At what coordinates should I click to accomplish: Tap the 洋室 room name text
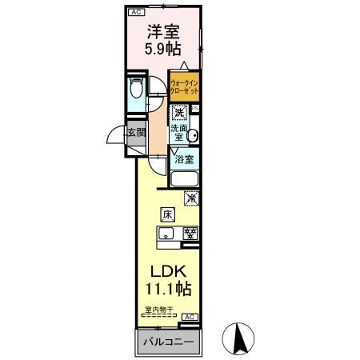point(162,34)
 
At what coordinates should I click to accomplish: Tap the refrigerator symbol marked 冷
point(192,198)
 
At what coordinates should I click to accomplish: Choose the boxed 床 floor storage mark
point(167,214)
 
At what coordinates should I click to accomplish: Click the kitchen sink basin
point(166,234)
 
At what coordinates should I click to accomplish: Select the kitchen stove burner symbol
point(190,234)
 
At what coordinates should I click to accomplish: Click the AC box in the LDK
point(190,318)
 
